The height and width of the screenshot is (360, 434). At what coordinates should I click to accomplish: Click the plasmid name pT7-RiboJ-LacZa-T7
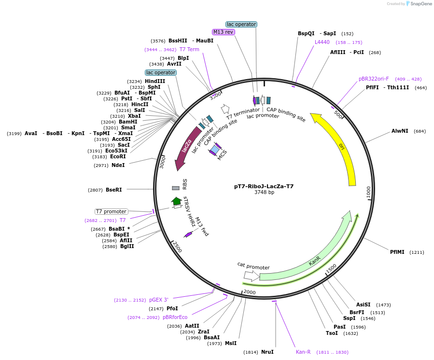pos(264,186)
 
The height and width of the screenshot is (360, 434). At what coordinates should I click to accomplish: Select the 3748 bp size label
pos(264,192)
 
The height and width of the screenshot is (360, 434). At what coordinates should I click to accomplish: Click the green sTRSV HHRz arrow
pos(176,200)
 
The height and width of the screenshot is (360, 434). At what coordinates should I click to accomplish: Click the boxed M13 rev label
pos(224,32)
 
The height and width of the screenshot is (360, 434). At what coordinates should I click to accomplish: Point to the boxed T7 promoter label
pos(111,211)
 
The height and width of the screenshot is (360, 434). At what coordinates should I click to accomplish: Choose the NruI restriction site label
pos(267,352)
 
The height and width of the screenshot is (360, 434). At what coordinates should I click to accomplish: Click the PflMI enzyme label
pos(398,252)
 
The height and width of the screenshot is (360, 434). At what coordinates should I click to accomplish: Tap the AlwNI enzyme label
pos(400,131)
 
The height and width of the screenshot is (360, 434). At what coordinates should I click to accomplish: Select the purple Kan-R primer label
pos(303,352)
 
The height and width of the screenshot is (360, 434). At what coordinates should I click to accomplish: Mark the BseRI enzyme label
pos(114,190)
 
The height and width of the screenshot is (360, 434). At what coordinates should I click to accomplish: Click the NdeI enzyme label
pos(118,165)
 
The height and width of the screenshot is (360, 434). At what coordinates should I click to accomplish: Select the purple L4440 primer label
pos(322,42)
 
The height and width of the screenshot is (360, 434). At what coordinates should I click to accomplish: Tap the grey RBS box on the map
pos(176,188)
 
